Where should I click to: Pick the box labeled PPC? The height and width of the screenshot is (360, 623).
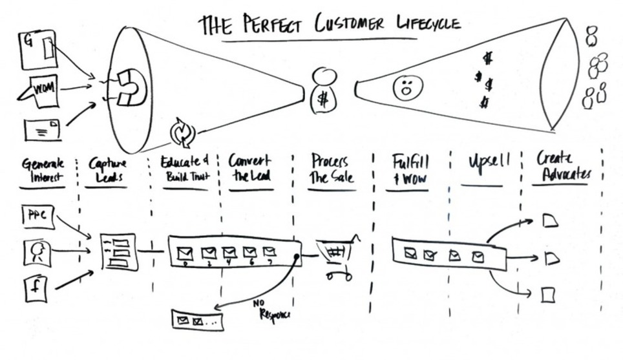tap(37, 215)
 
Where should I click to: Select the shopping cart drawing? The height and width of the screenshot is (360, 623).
tap(336, 257)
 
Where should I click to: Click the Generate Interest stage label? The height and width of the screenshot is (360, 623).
tap(43, 169)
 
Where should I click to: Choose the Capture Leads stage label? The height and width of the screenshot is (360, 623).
tap(107, 170)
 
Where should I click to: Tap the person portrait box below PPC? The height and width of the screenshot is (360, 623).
tap(37, 252)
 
